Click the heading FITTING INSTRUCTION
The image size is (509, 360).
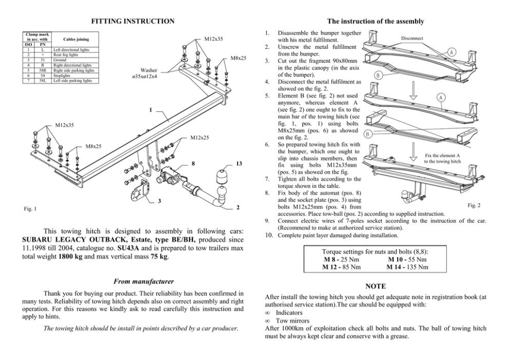[132, 21]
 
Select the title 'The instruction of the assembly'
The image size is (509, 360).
[375, 21]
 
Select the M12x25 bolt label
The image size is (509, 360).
[200, 138]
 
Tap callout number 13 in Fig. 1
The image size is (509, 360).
[239, 164]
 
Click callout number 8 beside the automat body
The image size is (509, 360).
[192, 164]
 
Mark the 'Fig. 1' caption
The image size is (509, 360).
[30, 209]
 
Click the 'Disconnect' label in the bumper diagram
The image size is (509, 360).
[412, 38]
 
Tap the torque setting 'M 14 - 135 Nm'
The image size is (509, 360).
[407, 267]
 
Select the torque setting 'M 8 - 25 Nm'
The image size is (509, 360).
[340, 260]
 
